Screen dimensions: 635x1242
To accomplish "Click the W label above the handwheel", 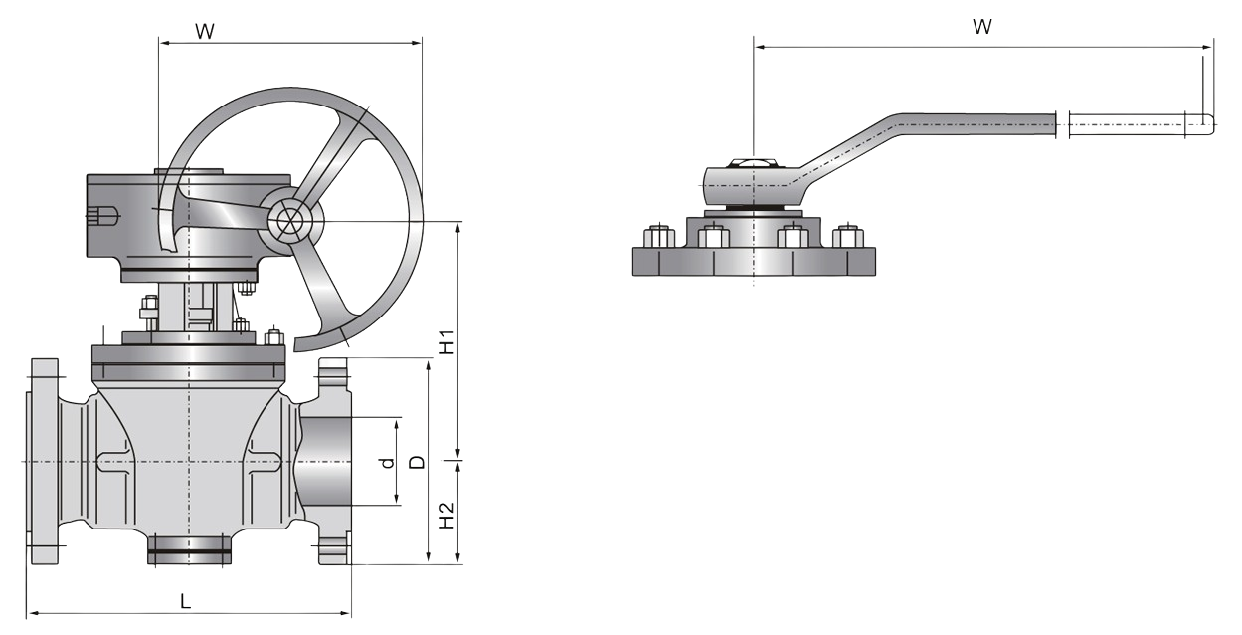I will coord(204,30).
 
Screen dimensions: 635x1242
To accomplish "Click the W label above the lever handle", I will coord(981,28).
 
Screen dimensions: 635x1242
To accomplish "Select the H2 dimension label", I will coord(447,514).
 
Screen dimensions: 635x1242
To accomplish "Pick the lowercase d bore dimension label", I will coord(388,463).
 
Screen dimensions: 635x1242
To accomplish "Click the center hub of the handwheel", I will coord(289,221).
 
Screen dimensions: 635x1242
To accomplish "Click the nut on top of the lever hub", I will coord(745,161).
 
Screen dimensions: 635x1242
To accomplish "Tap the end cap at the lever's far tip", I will coord(1200,124).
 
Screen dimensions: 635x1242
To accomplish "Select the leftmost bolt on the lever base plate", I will coord(656,238).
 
